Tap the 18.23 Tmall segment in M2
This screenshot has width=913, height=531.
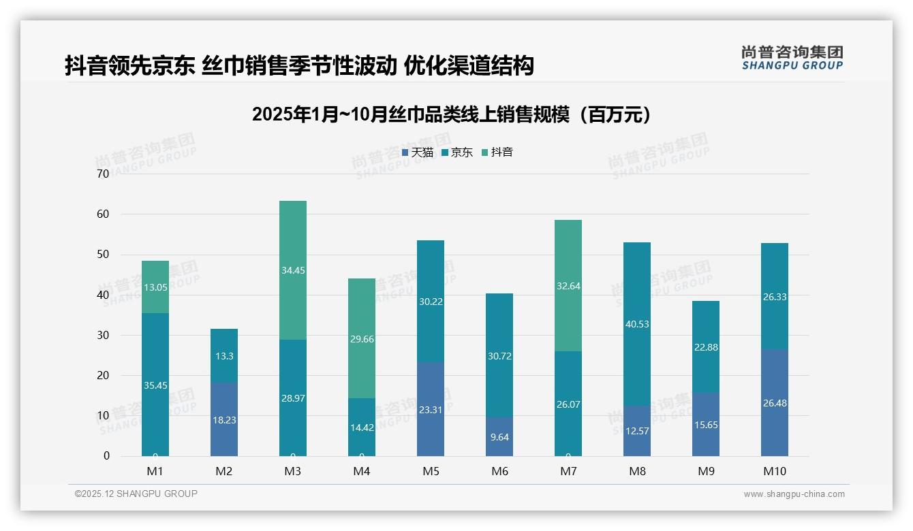click(224, 419)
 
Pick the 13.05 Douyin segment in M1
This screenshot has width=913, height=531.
click(155, 287)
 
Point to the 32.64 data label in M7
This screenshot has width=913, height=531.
click(568, 286)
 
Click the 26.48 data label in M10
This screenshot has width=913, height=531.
click(774, 403)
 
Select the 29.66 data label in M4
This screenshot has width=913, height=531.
click(362, 339)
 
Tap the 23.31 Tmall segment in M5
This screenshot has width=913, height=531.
click(430, 409)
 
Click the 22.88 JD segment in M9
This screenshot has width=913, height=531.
click(705, 347)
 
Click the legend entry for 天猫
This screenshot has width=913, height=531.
click(417, 152)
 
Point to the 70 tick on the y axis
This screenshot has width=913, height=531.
click(103, 174)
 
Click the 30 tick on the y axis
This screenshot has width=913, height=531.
click(103, 335)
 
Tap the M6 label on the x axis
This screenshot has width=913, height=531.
click(499, 471)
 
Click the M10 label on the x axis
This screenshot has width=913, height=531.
click(774, 471)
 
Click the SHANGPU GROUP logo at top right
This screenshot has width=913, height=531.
click(792, 58)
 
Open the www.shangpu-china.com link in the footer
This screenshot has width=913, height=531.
click(794, 494)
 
